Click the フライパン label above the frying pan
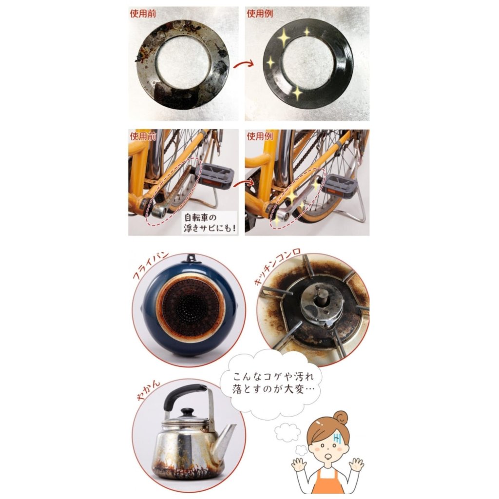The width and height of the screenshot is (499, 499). (150, 266)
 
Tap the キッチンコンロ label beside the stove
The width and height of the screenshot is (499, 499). (277, 266)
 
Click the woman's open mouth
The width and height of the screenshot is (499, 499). (328, 458)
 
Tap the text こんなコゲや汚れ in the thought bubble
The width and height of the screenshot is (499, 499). (273, 377)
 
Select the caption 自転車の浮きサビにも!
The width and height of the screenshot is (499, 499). (210, 223)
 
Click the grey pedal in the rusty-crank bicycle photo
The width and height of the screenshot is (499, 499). (214, 175)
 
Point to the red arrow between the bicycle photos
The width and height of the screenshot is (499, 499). (244, 183)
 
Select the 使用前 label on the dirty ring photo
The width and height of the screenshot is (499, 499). (143, 14)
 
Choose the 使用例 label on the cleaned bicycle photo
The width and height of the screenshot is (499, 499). (260, 136)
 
